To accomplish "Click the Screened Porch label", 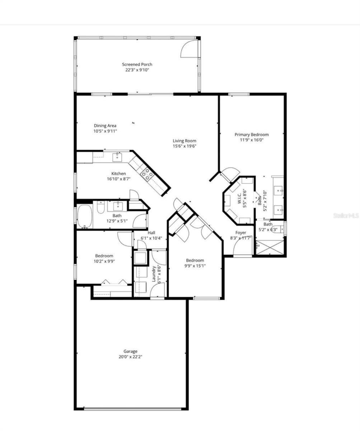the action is (x=137, y=64).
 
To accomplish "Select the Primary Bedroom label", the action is (x=252, y=135).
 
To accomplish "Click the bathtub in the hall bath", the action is (x=85, y=216).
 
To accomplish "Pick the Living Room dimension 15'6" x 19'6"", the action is (x=184, y=146).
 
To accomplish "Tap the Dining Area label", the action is (x=105, y=125).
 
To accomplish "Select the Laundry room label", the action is (x=154, y=274).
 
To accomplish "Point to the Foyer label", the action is (x=240, y=233).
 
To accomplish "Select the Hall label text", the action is (x=151, y=233).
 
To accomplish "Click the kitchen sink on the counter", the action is (x=117, y=157).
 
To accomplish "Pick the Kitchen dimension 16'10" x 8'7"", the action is (x=119, y=179).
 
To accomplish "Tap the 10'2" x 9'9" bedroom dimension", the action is (x=104, y=261).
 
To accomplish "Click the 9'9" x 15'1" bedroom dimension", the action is (x=195, y=266).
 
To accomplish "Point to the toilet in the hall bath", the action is (x=101, y=207).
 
